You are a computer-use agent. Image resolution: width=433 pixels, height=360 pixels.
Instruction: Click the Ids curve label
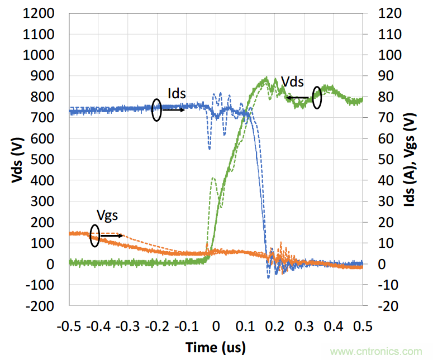(177, 93)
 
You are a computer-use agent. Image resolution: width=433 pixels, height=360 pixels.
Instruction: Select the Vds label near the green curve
(292, 81)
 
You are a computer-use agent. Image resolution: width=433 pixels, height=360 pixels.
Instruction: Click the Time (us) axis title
(216, 348)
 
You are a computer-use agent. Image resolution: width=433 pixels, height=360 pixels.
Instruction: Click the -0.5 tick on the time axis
(69, 325)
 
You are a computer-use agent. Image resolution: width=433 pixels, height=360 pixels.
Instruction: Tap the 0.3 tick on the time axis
(304, 325)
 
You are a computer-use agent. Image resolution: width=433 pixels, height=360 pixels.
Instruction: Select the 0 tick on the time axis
(216, 325)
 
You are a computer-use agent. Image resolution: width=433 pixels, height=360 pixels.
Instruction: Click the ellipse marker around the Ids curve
(157, 111)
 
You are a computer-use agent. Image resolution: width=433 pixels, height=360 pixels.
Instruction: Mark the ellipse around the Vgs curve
(94, 236)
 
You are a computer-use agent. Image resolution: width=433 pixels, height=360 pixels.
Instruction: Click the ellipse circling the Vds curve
(317, 98)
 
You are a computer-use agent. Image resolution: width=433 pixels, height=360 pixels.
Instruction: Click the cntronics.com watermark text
(377, 352)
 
